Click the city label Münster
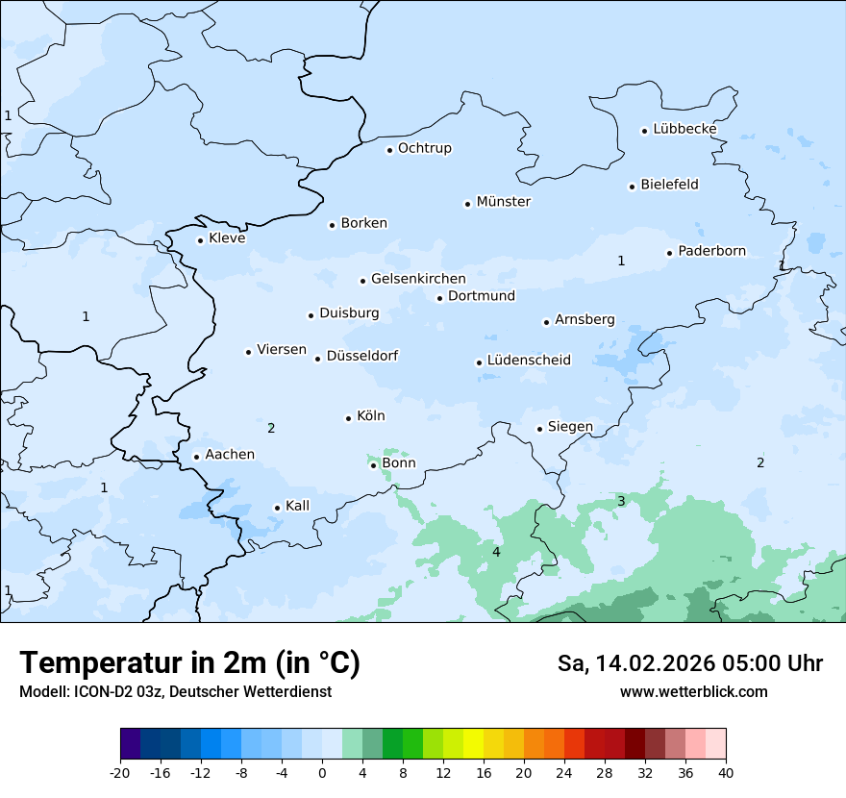pyautogui.click(x=504, y=202)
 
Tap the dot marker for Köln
pyautogui.click(x=348, y=418)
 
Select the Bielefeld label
pyautogui.click(x=669, y=185)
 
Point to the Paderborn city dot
pyautogui.click(x=669, y=253)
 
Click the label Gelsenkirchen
pyautogui.click(x=418, y=279)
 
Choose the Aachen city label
pyautogui.click(x=230, y=455)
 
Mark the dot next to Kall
pyautogui.click(x=277, y=508)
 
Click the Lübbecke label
pyautogui.click(x=684, y=129)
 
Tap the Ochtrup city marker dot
pyautogui.click(x=389, y=150)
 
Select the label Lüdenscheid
pyautogui.click(x=529, y=361)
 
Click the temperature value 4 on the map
pyautogui.click(x=496, y=552)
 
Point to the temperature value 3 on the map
pyautogui.click(x=621, y=501)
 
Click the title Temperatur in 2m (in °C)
pyautogui.click(x=190, y=662)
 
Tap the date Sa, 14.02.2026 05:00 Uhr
pyautogui.click(x=689, y=663)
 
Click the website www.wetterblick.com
pyautogui.click(x=693, y=691)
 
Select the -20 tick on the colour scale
pyautogui.click(x=120, y=772)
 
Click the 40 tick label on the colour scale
pyautogui.click(x=726, y=772)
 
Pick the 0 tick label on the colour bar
pyautogui.click(x=322, y=772)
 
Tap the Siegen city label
pyautogui.click(x=570, y=427)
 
